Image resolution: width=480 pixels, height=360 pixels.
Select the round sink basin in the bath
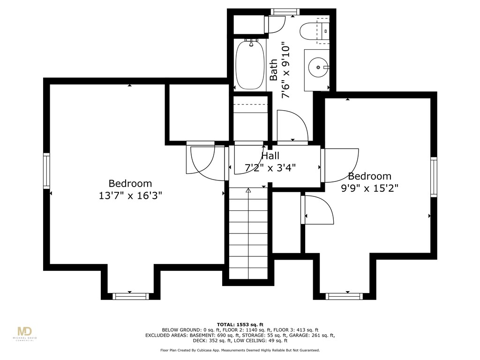tap(318, 67)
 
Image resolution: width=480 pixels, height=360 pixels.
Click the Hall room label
tap(270, 156)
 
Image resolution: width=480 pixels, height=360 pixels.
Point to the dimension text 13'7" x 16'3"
tap(130, 195)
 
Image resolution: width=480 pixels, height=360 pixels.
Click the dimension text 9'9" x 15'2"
tap(369, 188)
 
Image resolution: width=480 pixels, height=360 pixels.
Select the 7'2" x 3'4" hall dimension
tap(270, 167)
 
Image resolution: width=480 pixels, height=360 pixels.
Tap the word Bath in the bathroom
tap(274, 69)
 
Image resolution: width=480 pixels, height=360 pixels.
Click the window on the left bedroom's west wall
tap(46, 171)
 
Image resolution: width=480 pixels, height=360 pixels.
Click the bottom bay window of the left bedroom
tap(131, 296)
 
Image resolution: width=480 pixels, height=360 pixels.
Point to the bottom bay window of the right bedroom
tap(344, 296)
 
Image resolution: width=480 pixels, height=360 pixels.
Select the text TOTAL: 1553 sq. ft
tap(240, 324)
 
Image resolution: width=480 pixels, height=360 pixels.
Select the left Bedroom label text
tap(130, 184)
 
